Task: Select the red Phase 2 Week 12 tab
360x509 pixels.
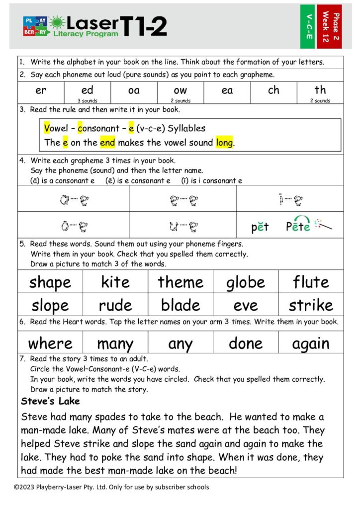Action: click(329, 26)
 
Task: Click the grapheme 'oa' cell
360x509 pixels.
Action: click(134, 90)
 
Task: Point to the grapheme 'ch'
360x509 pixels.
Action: click(273, 90)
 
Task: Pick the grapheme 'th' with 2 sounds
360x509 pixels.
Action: click(320, 90)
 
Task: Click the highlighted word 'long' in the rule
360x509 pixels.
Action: click(224, 143)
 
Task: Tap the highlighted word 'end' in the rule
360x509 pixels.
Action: click(107, 143)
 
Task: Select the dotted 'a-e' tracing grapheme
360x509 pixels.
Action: click(73, 200)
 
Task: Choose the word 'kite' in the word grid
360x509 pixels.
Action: click(115, 282)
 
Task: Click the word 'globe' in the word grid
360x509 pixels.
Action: click(246, 282)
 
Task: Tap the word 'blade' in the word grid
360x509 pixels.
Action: click(180, 305)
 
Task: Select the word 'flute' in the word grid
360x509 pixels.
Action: click(311, 282)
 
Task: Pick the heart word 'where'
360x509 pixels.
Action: click(50, 343)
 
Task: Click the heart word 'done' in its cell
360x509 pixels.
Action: click(246, 343)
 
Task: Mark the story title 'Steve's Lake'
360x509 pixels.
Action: click(50, 401)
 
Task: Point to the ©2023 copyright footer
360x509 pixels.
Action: click(111, 487)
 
